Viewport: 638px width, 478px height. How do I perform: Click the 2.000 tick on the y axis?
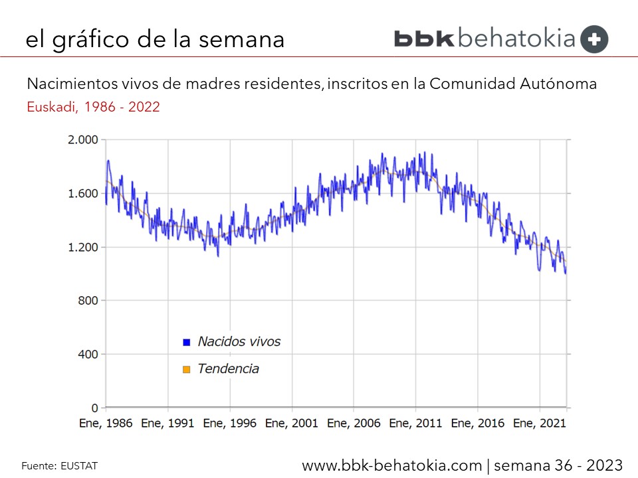[82, 139]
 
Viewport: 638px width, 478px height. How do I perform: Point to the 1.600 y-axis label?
[82, 193]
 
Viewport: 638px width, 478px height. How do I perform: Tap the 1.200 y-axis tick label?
[82, 247]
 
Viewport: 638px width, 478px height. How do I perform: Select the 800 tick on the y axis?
[88, 301]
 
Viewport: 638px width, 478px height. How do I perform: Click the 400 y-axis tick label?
[88, 355]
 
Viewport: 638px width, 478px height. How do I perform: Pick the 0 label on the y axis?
[95, 408]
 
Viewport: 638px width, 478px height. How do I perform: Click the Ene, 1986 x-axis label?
[106, 423]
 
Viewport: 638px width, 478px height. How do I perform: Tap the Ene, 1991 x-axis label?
[167, 423]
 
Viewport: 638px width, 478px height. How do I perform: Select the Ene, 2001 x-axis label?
[292, 423]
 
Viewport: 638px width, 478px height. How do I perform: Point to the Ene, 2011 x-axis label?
[416, 423]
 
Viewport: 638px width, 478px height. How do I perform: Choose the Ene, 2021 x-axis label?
[540, 423]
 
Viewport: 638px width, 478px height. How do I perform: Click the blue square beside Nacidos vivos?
[187, 342]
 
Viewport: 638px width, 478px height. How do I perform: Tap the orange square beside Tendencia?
[187, 369]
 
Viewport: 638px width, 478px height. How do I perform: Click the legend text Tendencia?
[228, 368]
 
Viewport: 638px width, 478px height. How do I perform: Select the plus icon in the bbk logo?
[594, 39]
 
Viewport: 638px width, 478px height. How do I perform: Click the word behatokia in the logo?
[516, 39]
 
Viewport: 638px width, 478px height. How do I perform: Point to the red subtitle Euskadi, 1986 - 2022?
[93, 107]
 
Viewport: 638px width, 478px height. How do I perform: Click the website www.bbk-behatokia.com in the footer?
[392, 465]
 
